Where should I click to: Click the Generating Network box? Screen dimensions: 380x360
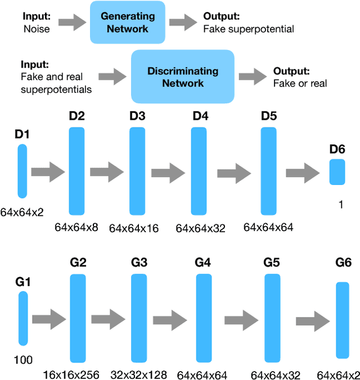[x=128, y=21]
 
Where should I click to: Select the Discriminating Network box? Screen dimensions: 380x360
[x=183, y=77]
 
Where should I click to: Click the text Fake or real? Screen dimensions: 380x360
[x=300, y=83]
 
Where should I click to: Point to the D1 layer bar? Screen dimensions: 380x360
[x=22, y=171]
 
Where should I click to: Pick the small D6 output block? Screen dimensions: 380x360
[x=337, y=172]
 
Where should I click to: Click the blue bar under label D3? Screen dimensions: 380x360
[x=137, y=170]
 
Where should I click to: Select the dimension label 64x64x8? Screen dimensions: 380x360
[x=76, y=227]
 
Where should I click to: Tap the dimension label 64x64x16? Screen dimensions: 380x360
[x=134, y=228]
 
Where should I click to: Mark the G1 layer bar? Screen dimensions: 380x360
[x=22, y=319]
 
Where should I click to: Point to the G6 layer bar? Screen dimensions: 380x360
[x=343, y=320]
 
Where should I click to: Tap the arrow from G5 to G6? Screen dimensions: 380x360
[x=312, y=321]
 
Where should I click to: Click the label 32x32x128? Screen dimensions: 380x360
[x=139, y=374]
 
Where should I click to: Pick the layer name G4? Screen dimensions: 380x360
[x=203, y=263]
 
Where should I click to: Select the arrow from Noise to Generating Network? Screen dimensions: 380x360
[x=70, y=22]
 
